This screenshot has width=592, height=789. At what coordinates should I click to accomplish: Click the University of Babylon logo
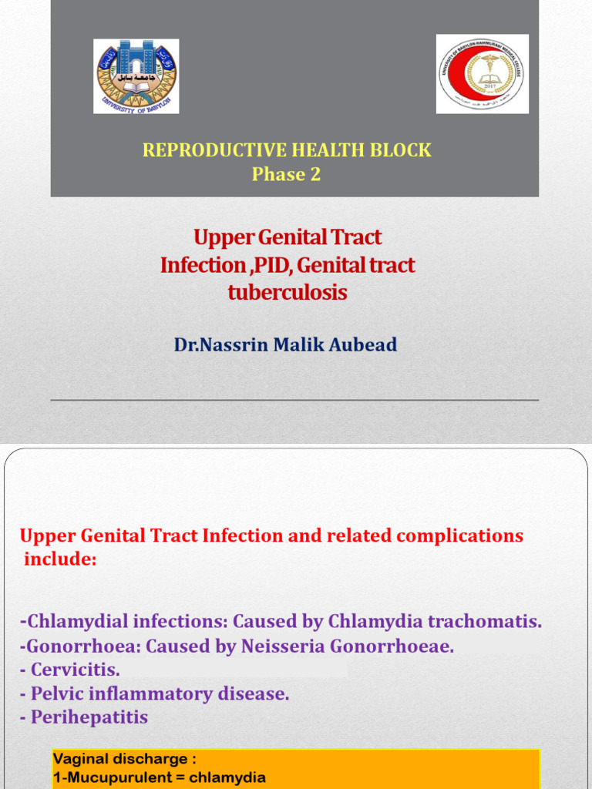pyautogui.click(x=136, y=76)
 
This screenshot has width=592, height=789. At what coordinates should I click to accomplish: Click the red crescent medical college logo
pyautogui.click(x=483, y=74)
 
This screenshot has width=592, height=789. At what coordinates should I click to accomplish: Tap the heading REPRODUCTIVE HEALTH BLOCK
pyautogui.click(x=287, y=150)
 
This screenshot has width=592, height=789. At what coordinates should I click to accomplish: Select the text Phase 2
pyautogui.click(x=286, y=174)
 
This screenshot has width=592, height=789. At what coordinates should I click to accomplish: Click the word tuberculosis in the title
pyautogui.click(x=287, y=293)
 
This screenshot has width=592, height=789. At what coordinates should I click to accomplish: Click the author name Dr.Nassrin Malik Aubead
pyautogui.click(x=285, y=344)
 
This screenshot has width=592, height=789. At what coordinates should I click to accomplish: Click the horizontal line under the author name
pyautogui.click(x=294, y=400)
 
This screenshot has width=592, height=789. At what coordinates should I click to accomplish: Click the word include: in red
pyautogui.click(x=61, y=559)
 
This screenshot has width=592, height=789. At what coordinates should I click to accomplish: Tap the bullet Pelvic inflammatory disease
pyautogui.click(x=155, y=693)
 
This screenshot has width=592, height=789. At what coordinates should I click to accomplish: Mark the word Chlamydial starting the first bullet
pyautogui.click(x=76, y=621)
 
